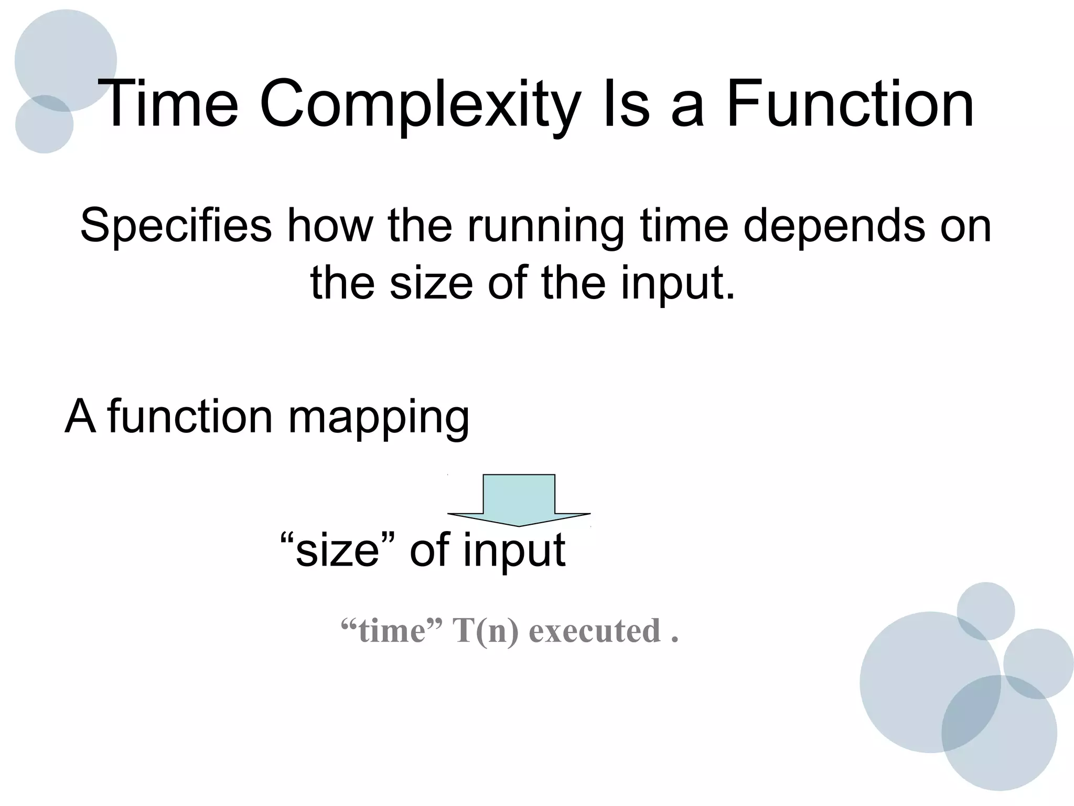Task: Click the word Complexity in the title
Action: (x=420, y=105)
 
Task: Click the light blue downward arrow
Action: (x=519, y=499)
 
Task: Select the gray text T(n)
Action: (x=485, y=630)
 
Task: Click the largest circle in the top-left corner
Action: (x=66, y=58)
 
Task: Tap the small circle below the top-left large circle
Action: (x=44, y=126)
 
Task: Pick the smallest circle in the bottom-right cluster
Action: (x=985, y=610)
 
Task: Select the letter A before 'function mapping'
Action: (x=80, y=417)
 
